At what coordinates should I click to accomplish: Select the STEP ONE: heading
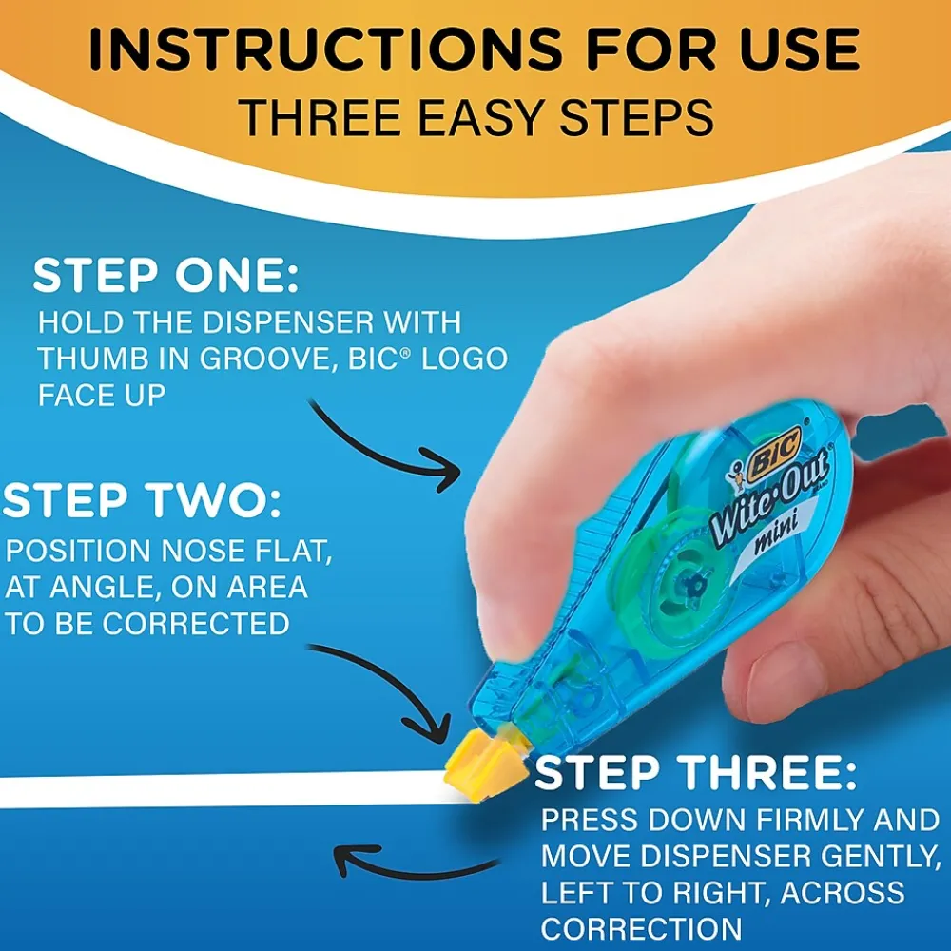[x=165, y=276]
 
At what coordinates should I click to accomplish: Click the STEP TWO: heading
[x=142, y=500]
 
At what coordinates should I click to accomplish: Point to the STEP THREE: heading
[x=696, y=772]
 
